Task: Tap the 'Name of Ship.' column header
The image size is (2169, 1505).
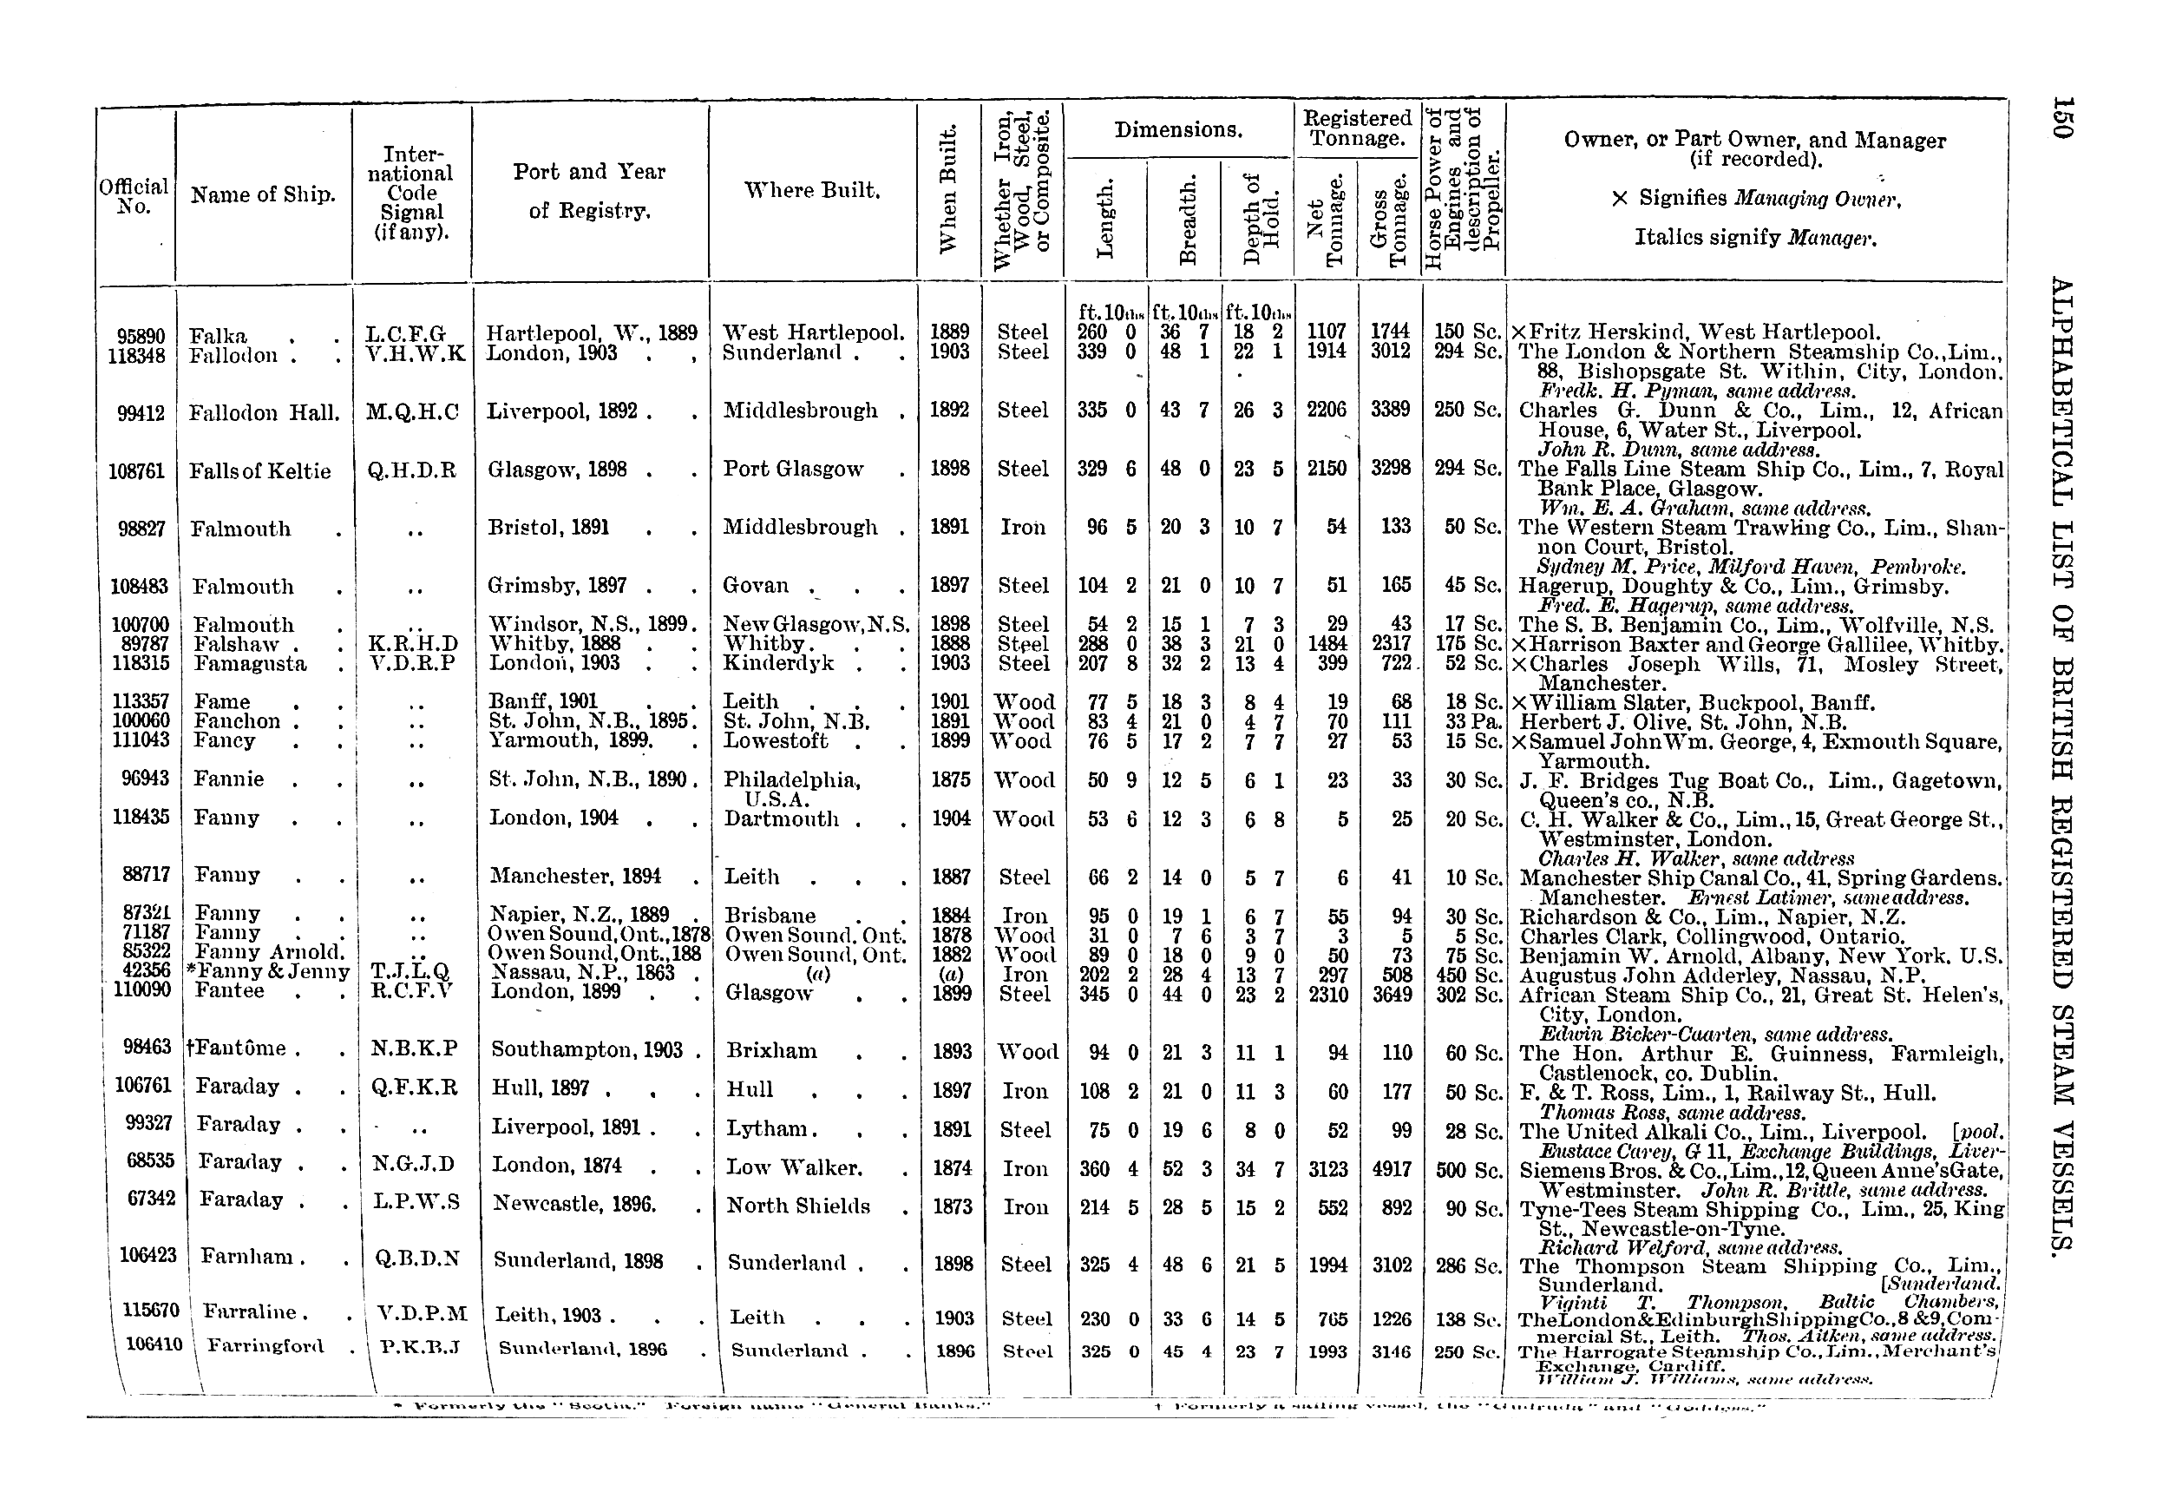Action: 263,195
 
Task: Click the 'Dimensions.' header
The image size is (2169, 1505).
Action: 1177,130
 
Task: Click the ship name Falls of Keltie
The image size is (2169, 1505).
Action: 260,471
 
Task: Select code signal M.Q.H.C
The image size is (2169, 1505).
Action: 412,412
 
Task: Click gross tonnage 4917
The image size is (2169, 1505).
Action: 1392,1169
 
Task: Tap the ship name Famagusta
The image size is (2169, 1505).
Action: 250,664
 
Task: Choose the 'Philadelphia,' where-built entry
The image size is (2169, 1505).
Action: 792,781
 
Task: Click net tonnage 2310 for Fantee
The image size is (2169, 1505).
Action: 1328,994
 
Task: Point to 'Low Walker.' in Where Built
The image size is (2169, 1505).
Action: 794,1168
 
